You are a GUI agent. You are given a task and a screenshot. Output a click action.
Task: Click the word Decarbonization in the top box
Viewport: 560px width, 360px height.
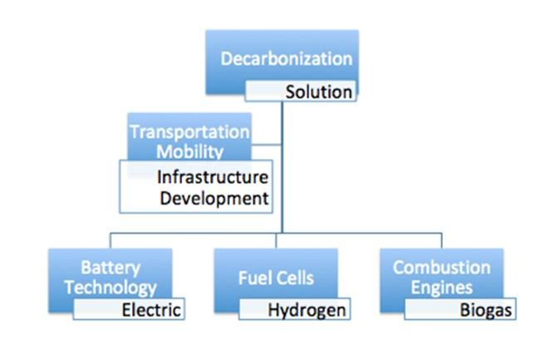click(286, 59)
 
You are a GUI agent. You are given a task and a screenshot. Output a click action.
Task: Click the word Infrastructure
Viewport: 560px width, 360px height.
click(213, 177)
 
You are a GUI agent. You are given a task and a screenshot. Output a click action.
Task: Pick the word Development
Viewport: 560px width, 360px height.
click(214, 198)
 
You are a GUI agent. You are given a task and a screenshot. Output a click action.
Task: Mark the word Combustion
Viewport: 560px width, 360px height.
click(441, 268)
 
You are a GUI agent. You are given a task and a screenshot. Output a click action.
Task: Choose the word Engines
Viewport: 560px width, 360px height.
click(441, 288)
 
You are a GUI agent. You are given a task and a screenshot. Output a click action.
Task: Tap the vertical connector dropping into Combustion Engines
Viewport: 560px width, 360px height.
click(441, 239)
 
